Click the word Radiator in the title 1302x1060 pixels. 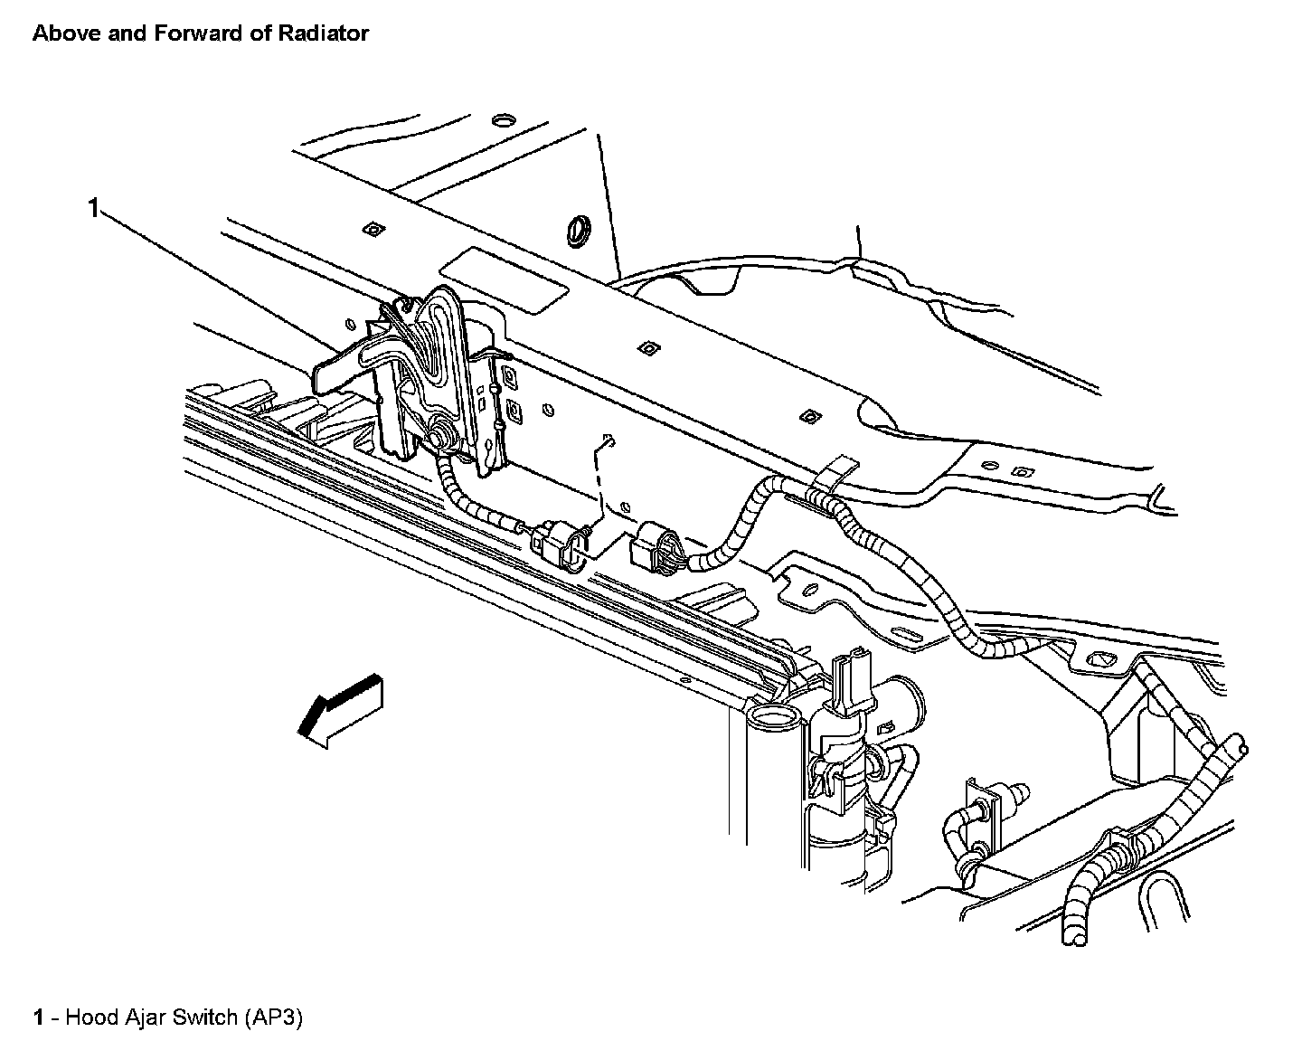coord(325,33)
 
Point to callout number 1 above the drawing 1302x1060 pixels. coord(92,209)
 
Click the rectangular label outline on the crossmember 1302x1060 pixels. coord(504,281)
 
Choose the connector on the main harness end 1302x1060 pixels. coord(658,546)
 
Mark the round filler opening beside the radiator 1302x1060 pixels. coord(774,719)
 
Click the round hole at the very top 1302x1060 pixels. coord(503,119)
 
